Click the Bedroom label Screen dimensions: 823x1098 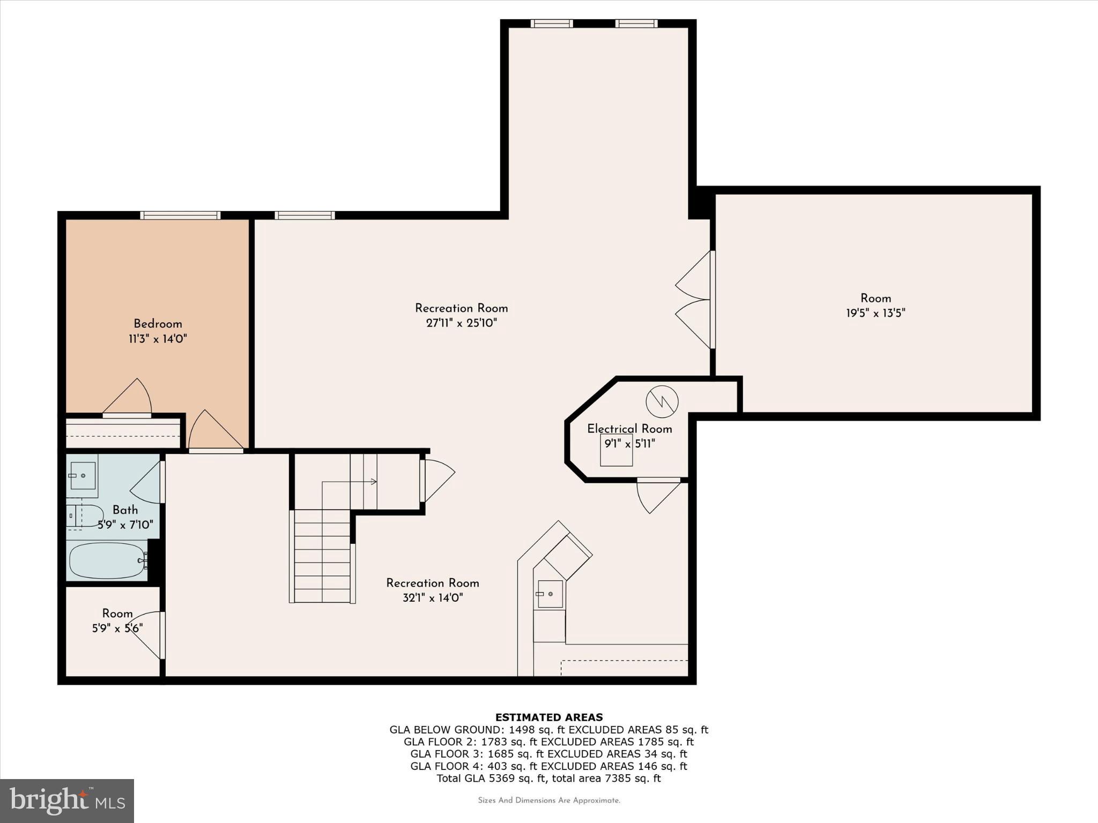click(158, 324)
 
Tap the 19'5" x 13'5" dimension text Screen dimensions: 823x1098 click(876, 313)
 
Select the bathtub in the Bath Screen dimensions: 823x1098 click(108, 560)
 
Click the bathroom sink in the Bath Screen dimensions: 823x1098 click(83, 475)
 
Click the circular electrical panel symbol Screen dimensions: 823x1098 click(662, 401)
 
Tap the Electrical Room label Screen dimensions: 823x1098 click(629, 429)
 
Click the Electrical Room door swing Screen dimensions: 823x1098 click(656, 495)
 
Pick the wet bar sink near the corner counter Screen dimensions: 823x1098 click(550, 594)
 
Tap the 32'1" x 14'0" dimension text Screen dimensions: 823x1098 click(433, 598)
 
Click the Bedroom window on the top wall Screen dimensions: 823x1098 click(180, 215)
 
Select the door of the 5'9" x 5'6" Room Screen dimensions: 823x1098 click(147, 635)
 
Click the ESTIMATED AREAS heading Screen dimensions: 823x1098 click(548, 717)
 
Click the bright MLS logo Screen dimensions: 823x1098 click(67, 800)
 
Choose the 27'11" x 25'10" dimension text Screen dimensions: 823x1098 click(461, 323)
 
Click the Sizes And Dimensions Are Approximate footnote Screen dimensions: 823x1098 click(548, 800)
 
